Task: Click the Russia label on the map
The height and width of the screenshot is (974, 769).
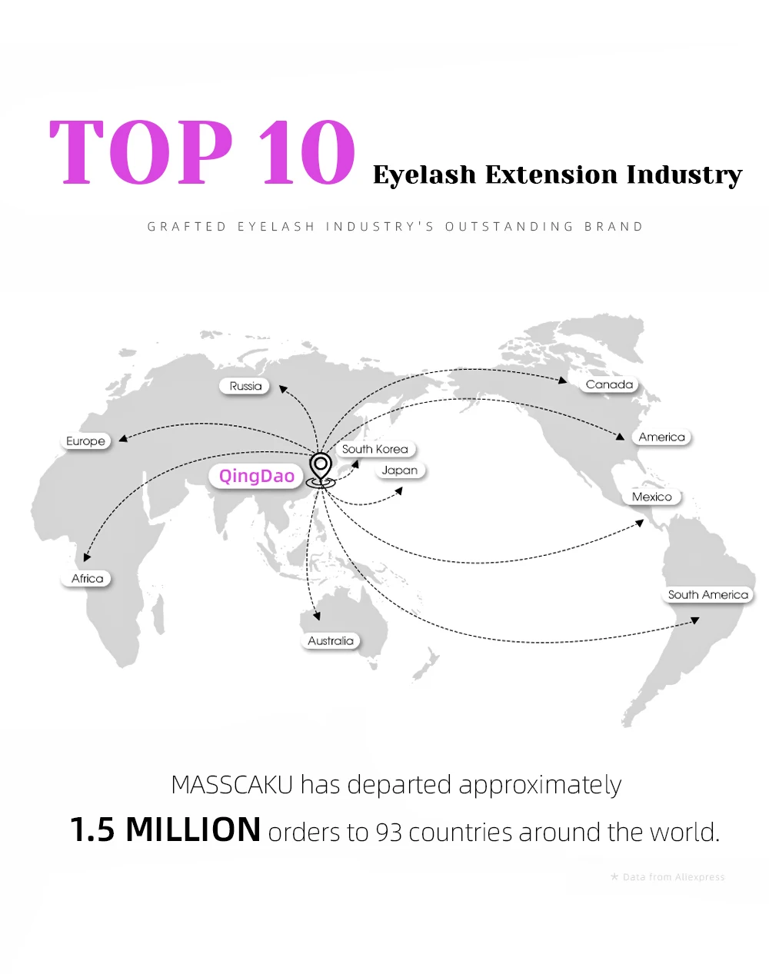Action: (x=245, y=386)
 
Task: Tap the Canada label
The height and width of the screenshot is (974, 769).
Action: (x=609, y=384)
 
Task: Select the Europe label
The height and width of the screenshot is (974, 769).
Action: (x=85, y=440)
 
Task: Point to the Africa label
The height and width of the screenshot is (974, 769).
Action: (x=86, y=578)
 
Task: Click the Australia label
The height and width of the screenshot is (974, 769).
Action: (x=331, y=640)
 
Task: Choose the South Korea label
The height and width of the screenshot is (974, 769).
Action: (x=375, y=449)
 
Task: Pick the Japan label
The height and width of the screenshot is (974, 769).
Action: (x=400, y=470)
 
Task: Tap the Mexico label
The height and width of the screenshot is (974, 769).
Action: (x=652, y=497)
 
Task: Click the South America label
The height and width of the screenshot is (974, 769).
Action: (x=708, y=594)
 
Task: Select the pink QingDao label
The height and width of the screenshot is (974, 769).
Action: (x=256, y=476)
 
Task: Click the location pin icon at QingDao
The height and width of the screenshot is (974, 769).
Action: (x=321, y=470)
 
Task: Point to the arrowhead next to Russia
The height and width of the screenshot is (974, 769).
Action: (x=282, y=389)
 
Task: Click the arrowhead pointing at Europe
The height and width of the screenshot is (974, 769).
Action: (x=123, y=438)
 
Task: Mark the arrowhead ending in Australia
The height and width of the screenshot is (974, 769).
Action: (x=317, y=616)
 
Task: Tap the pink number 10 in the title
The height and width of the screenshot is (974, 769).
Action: (x=307, y=151)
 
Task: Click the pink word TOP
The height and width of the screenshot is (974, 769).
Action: (x=141, y=151)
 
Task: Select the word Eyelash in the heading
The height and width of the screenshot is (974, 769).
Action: (x=424, y=175)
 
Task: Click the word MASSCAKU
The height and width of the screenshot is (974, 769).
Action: (x=232, y=785)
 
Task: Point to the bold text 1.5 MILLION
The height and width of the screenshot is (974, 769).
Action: (x=165, y=829)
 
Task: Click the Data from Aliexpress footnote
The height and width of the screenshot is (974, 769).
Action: (x=668, y=877)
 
